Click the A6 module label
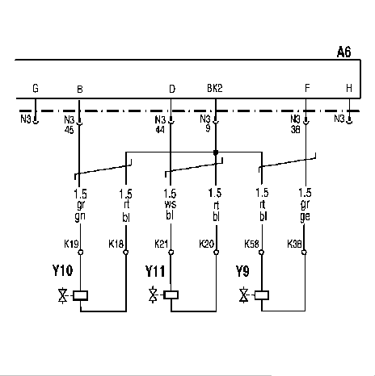[344, 52]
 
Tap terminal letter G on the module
[36, 88]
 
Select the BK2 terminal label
[215, 88]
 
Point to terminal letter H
[349, 88]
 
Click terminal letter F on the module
[307, 88]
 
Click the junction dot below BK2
[216, 152]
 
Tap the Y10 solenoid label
[62, 270]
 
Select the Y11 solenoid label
[155, 271]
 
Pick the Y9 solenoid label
[242, 271]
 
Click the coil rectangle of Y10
[80, 295]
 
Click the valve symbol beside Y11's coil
[154, 295]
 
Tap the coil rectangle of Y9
[262, 295]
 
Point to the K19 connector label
[71, 244]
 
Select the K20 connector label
[206, 244]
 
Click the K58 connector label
[251, 244]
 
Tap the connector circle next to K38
[304, 253]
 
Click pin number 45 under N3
[69, 130]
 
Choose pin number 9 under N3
[208, 128]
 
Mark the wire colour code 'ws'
[170, 204]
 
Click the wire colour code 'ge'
[305, 216]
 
